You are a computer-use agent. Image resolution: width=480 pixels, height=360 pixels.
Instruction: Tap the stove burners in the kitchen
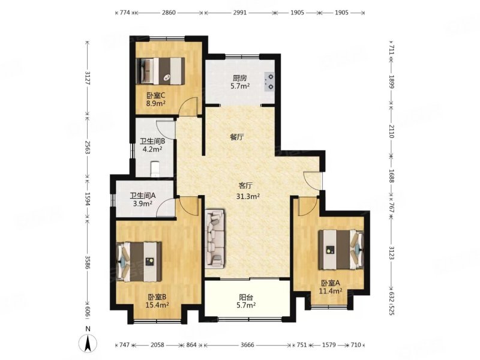(269, 82)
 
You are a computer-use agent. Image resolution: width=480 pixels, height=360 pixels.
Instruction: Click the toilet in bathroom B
(155, 169)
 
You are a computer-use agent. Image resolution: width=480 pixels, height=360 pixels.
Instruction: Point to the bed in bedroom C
(160, 71)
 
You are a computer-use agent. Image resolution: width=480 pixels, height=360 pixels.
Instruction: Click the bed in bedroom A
(341, 250)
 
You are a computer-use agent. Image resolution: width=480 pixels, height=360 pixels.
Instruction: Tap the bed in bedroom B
(139, 262)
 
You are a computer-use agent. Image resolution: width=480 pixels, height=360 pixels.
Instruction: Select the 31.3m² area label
(248, 197)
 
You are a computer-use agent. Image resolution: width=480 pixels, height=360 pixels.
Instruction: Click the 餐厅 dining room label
(237, 137)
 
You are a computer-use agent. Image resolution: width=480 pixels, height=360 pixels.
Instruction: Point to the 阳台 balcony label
(246, 297)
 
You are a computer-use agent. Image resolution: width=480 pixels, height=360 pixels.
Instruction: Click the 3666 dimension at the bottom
(247, 345)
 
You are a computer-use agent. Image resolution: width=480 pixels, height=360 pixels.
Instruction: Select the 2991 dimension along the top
(239, 13)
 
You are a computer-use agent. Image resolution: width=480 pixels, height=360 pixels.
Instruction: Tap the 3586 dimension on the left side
(88, 262)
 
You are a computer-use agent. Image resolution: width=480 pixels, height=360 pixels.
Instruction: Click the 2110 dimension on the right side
(391, 131)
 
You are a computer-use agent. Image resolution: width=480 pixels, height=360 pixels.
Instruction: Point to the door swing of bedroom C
(188, 107)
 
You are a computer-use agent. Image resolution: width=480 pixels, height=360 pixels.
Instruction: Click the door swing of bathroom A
(166, 208)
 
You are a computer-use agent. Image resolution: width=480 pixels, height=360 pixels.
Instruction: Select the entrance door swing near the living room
(313, 181)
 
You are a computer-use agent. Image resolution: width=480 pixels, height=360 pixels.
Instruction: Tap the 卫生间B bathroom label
(152, 142)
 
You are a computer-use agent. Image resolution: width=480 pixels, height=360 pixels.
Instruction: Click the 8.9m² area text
(156, 103)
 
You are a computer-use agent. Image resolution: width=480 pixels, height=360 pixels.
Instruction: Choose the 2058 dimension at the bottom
(158, 345)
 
